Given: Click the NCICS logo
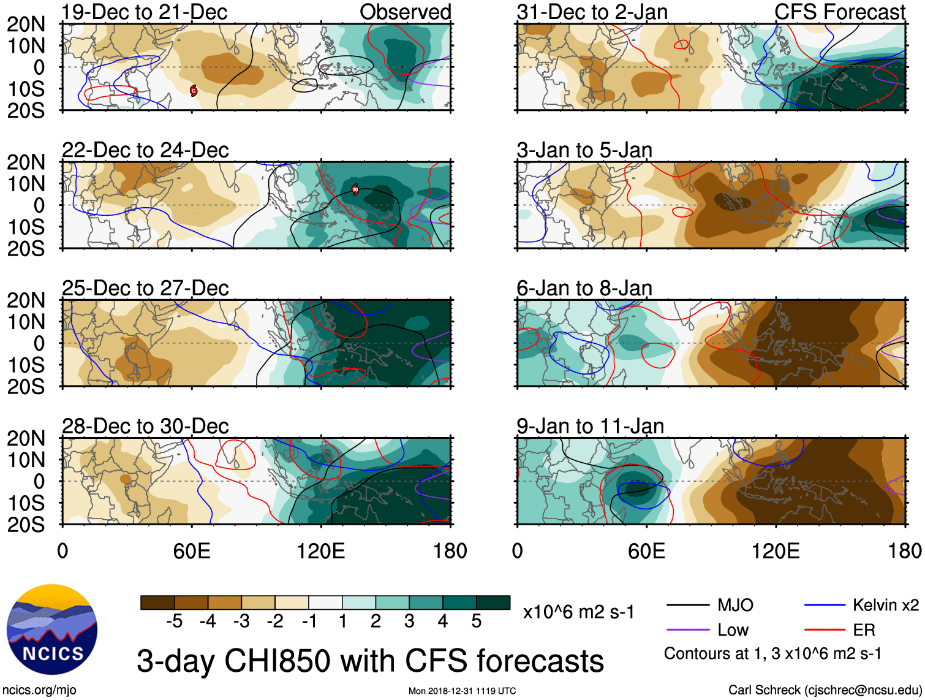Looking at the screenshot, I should pyautogui.click(x=52, y=630).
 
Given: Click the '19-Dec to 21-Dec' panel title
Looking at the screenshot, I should pyautogui.click(x=145, y=12).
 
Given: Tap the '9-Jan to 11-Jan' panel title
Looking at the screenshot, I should pyautogui.click(x=590, y=426).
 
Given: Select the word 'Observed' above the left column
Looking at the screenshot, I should pyautogui.click(x=405, y=12).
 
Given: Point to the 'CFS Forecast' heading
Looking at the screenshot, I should pyautogui.click(x=839, y=12).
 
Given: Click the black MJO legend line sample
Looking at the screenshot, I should pyautogui.click(x=687, y=606).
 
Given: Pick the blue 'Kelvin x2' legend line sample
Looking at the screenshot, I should pyautogui.click(x=825, y=606).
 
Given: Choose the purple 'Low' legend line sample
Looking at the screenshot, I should pyautogui.click(x=687, y=630).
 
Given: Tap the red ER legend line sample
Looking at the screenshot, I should pyautogui.click(x=825, y=630).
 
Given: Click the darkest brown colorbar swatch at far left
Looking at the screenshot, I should pyautogui.click(x=157, y=603).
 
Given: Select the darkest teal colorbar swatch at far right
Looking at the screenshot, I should pyautogui.click(x=493, y=603).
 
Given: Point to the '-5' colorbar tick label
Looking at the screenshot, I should pyautogui.click(x=174, y=622).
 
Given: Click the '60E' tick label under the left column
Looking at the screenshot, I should pyautogui.click(x=192, y=551).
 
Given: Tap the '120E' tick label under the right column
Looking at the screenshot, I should pyautogui.click(x=776, y=551).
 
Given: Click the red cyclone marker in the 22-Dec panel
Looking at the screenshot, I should pyautogui.click(x=355, y=189).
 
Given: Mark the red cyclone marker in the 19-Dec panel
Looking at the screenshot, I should pyautogui.click(x=194, y=91).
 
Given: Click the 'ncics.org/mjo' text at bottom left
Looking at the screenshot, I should pyautogui.click(x=39, y=690).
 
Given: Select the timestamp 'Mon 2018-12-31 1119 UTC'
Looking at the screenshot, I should pyautogui.click(x=462, y=691).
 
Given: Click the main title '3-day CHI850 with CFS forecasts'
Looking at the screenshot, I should pyautogui.click(x=370, y=661).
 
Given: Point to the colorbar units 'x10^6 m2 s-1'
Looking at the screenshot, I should pyautogui.click(x=578, y=612).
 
